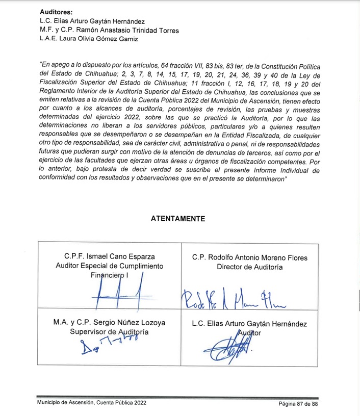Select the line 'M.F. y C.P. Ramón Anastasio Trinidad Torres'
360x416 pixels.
click(x=109, y=31)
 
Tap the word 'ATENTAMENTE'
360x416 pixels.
click(x=178, y=219)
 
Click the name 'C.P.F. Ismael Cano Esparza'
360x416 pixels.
click(x=110, y=256)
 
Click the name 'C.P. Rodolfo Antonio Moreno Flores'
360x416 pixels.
click(x=250, y=257)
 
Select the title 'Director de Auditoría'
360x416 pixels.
click(x=250, y=267)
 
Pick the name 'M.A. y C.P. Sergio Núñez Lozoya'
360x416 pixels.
click(x=110, y=323)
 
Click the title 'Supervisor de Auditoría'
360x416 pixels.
click(x=110, y=332)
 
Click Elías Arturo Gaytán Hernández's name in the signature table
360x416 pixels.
click(x=249, y=323)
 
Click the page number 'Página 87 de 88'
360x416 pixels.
click(x=298, y=404)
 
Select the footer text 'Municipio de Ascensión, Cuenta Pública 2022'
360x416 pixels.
click(x=89, y=404)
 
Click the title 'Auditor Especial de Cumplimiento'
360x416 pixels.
click(x=110, y=266)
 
